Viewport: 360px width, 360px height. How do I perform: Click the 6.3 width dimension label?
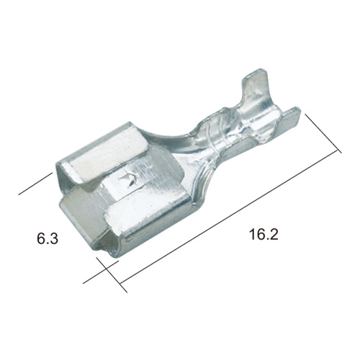(x=48, y=238)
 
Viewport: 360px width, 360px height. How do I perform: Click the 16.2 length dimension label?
(x=264, y=234)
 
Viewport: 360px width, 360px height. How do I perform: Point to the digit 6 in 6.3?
(x=41, y=238)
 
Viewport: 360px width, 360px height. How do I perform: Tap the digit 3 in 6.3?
(x=54, y=238)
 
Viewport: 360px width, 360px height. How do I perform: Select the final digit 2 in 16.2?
(x=274, y=234)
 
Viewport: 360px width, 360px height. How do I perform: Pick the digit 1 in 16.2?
(x=252, y=234)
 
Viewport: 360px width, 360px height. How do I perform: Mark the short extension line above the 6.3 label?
(x=35, y=184)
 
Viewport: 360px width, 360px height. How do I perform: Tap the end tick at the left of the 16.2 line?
(x=112, y=275)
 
